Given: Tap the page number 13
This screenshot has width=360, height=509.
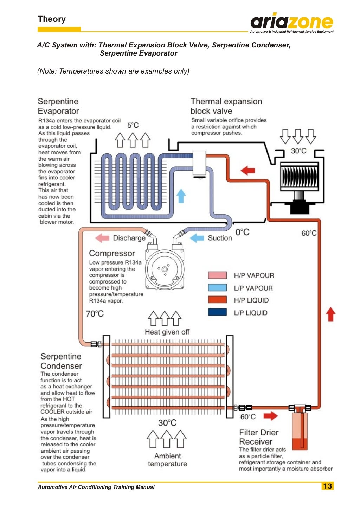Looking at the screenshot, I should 327,486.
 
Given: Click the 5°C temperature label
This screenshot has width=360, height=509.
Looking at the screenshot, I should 133,125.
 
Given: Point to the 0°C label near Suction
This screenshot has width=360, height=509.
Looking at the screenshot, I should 242,232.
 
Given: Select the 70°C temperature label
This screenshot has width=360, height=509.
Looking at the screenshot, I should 95,313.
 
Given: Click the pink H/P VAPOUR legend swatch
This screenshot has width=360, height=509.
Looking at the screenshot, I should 217,275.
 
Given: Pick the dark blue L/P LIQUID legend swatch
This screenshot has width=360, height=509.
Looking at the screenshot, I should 217,312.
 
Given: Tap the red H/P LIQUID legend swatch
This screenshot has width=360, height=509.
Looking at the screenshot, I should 217,300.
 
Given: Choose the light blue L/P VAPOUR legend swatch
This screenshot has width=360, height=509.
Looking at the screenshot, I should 217,287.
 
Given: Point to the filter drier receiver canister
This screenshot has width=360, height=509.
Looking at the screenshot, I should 300,431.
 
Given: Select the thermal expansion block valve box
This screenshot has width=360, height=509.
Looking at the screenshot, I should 199,163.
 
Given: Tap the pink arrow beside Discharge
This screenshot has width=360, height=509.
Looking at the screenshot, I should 102,238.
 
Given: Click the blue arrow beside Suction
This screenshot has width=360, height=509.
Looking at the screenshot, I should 197,238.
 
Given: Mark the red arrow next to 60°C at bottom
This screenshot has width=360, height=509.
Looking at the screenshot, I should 270,416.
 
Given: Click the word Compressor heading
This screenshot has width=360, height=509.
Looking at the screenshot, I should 112,253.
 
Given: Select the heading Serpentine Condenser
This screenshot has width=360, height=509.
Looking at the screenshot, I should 61,361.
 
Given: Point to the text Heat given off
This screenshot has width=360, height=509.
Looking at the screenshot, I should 167,332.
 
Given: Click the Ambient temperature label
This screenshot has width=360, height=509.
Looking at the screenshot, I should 167,460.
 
